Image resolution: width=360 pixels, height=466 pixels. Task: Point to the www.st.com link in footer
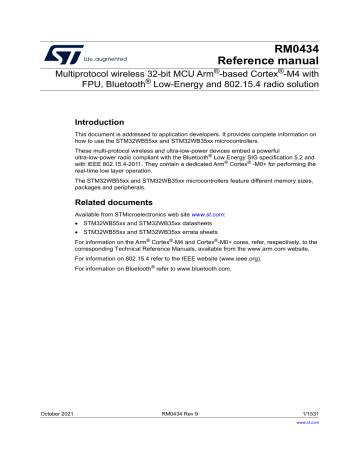(x=334, y=450)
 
